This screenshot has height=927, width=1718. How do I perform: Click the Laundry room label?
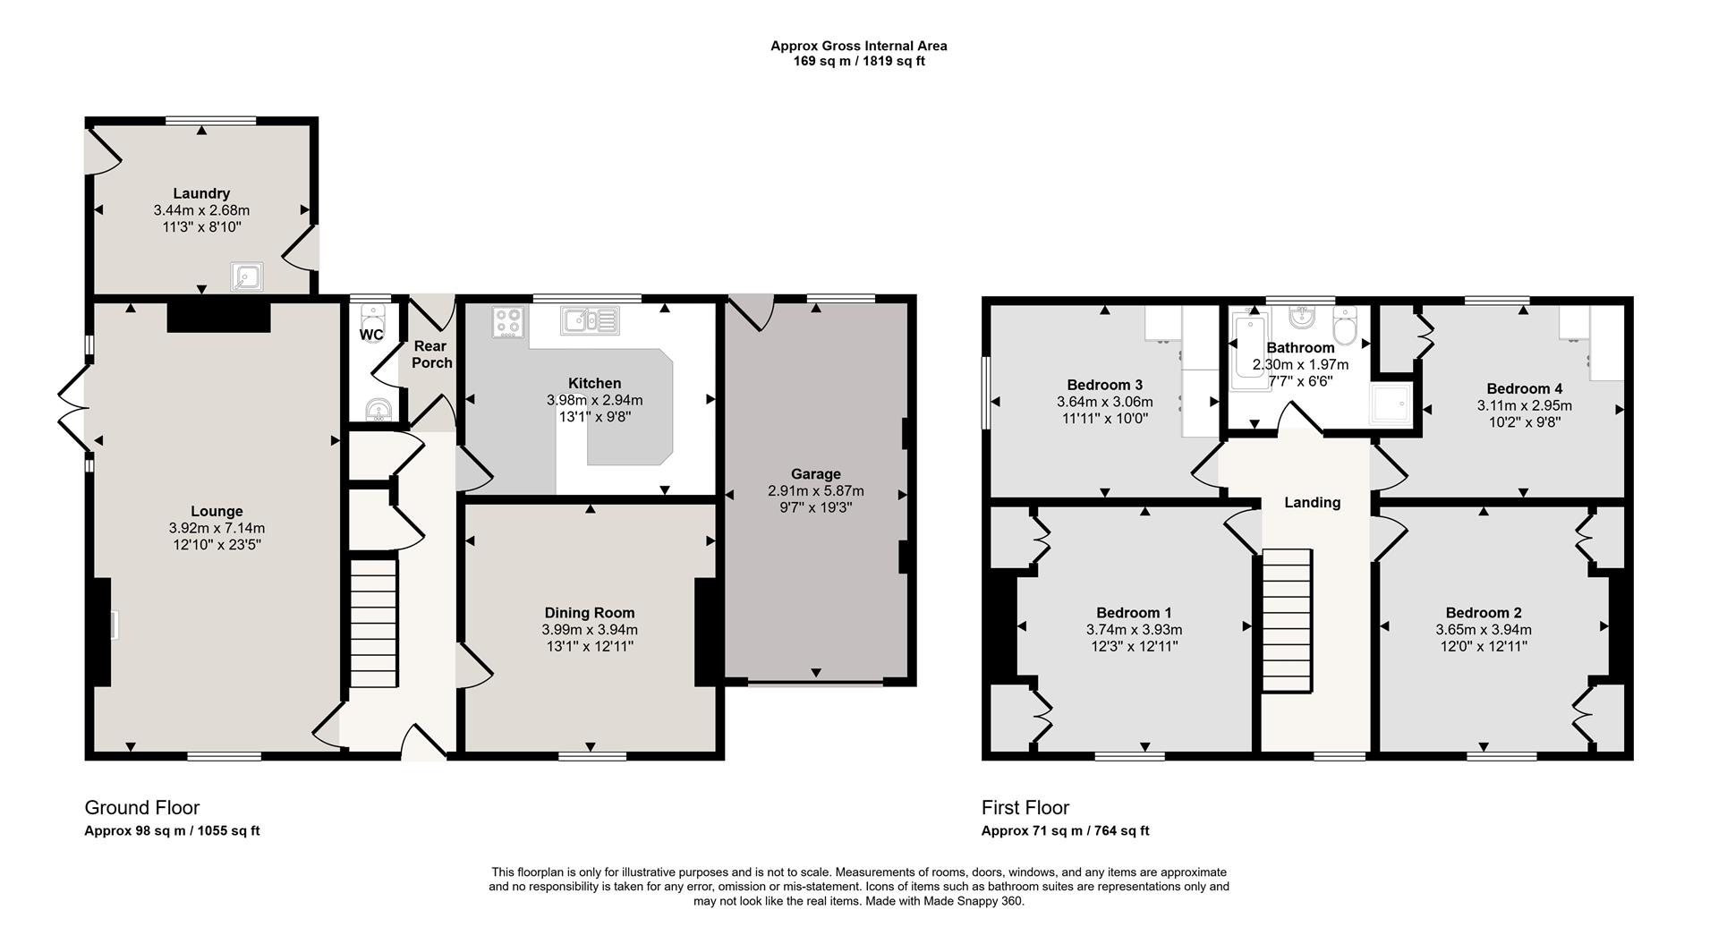(201, 193)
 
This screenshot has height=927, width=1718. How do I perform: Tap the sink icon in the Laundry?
(245, 277)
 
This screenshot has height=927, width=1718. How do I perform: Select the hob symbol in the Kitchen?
(508, 322)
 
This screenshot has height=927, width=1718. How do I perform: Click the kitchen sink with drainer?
(590, 320)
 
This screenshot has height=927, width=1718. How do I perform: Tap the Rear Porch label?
(431, 354)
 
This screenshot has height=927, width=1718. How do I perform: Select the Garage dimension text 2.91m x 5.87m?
(815, 491)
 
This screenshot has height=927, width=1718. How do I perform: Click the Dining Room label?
(590, 613)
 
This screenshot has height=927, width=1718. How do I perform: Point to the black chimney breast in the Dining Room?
(707, 632)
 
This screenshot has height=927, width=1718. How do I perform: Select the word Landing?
(1312, 503)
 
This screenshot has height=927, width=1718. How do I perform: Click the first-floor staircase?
(1287, 620)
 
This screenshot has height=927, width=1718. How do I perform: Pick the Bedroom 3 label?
(1104, 386)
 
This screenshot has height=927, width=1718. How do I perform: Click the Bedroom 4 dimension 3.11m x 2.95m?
(1524, 405)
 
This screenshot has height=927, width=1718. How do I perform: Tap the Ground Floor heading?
(141, 808)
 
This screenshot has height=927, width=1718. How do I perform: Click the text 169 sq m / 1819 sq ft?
(858, 62)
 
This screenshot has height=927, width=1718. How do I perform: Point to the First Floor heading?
(1025, 808)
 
